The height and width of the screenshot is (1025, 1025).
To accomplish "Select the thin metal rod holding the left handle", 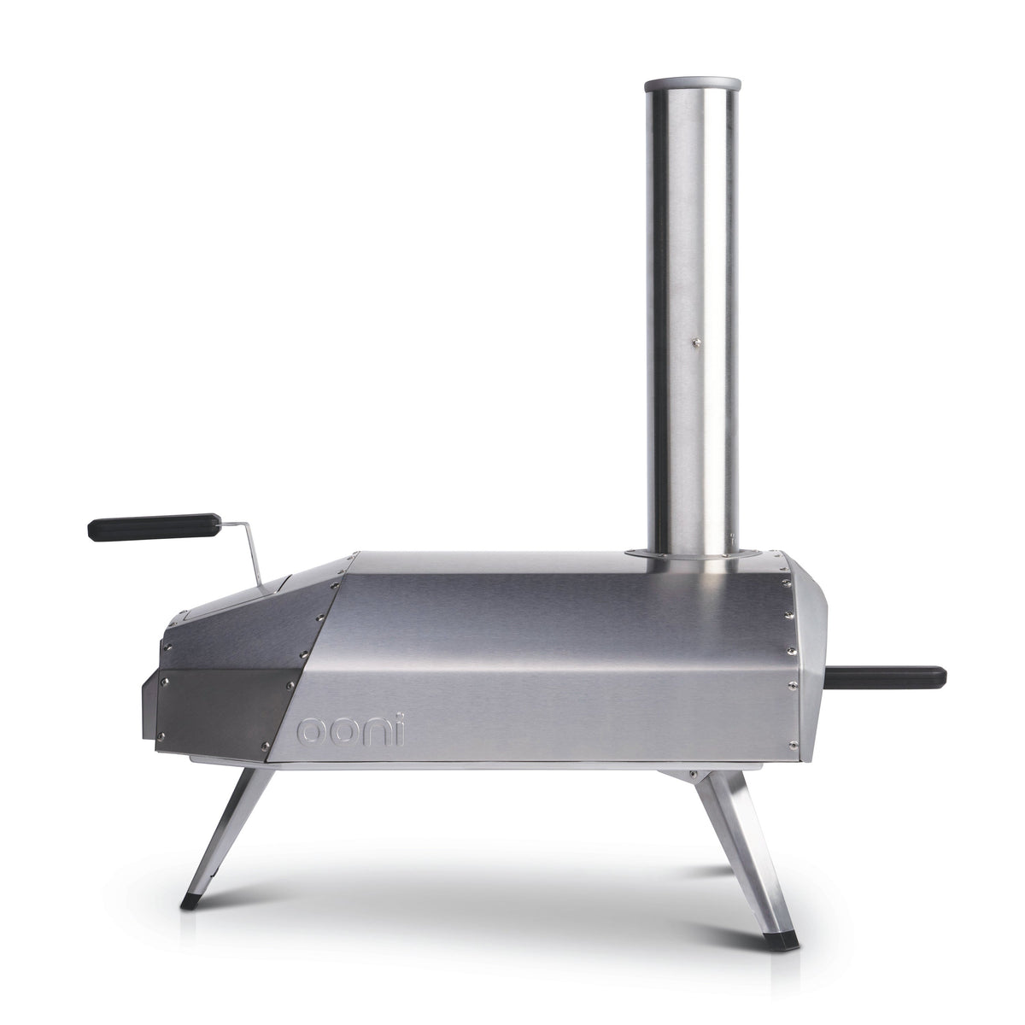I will click(248, 551).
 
